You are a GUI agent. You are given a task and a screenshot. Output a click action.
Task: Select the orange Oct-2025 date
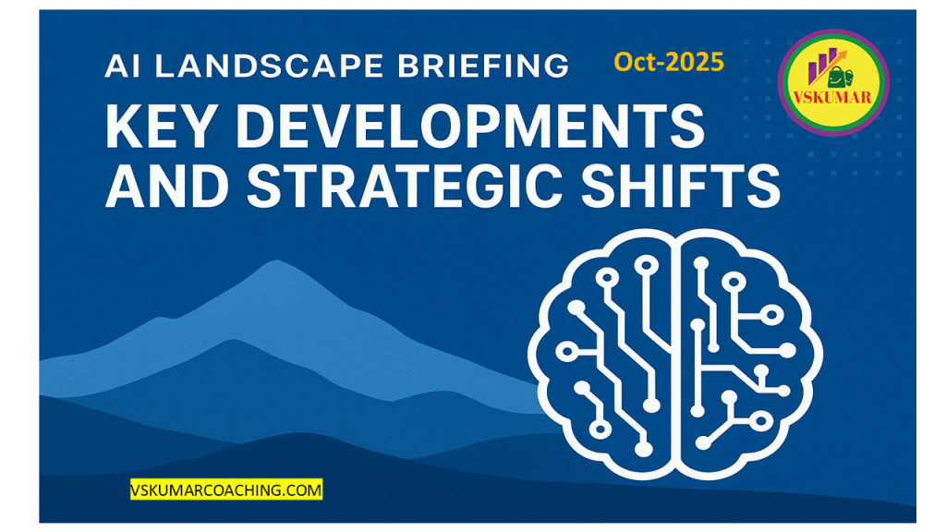[669, 62]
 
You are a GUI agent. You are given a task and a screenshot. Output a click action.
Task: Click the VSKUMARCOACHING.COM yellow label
[226, 490]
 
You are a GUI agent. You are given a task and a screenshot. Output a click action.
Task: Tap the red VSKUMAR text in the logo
[832, 98]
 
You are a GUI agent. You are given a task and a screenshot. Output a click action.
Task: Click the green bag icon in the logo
[841, 77]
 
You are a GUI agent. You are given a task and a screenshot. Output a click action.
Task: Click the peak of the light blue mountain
[277, 260]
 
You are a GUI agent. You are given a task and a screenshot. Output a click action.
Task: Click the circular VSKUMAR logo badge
[832, 82]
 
